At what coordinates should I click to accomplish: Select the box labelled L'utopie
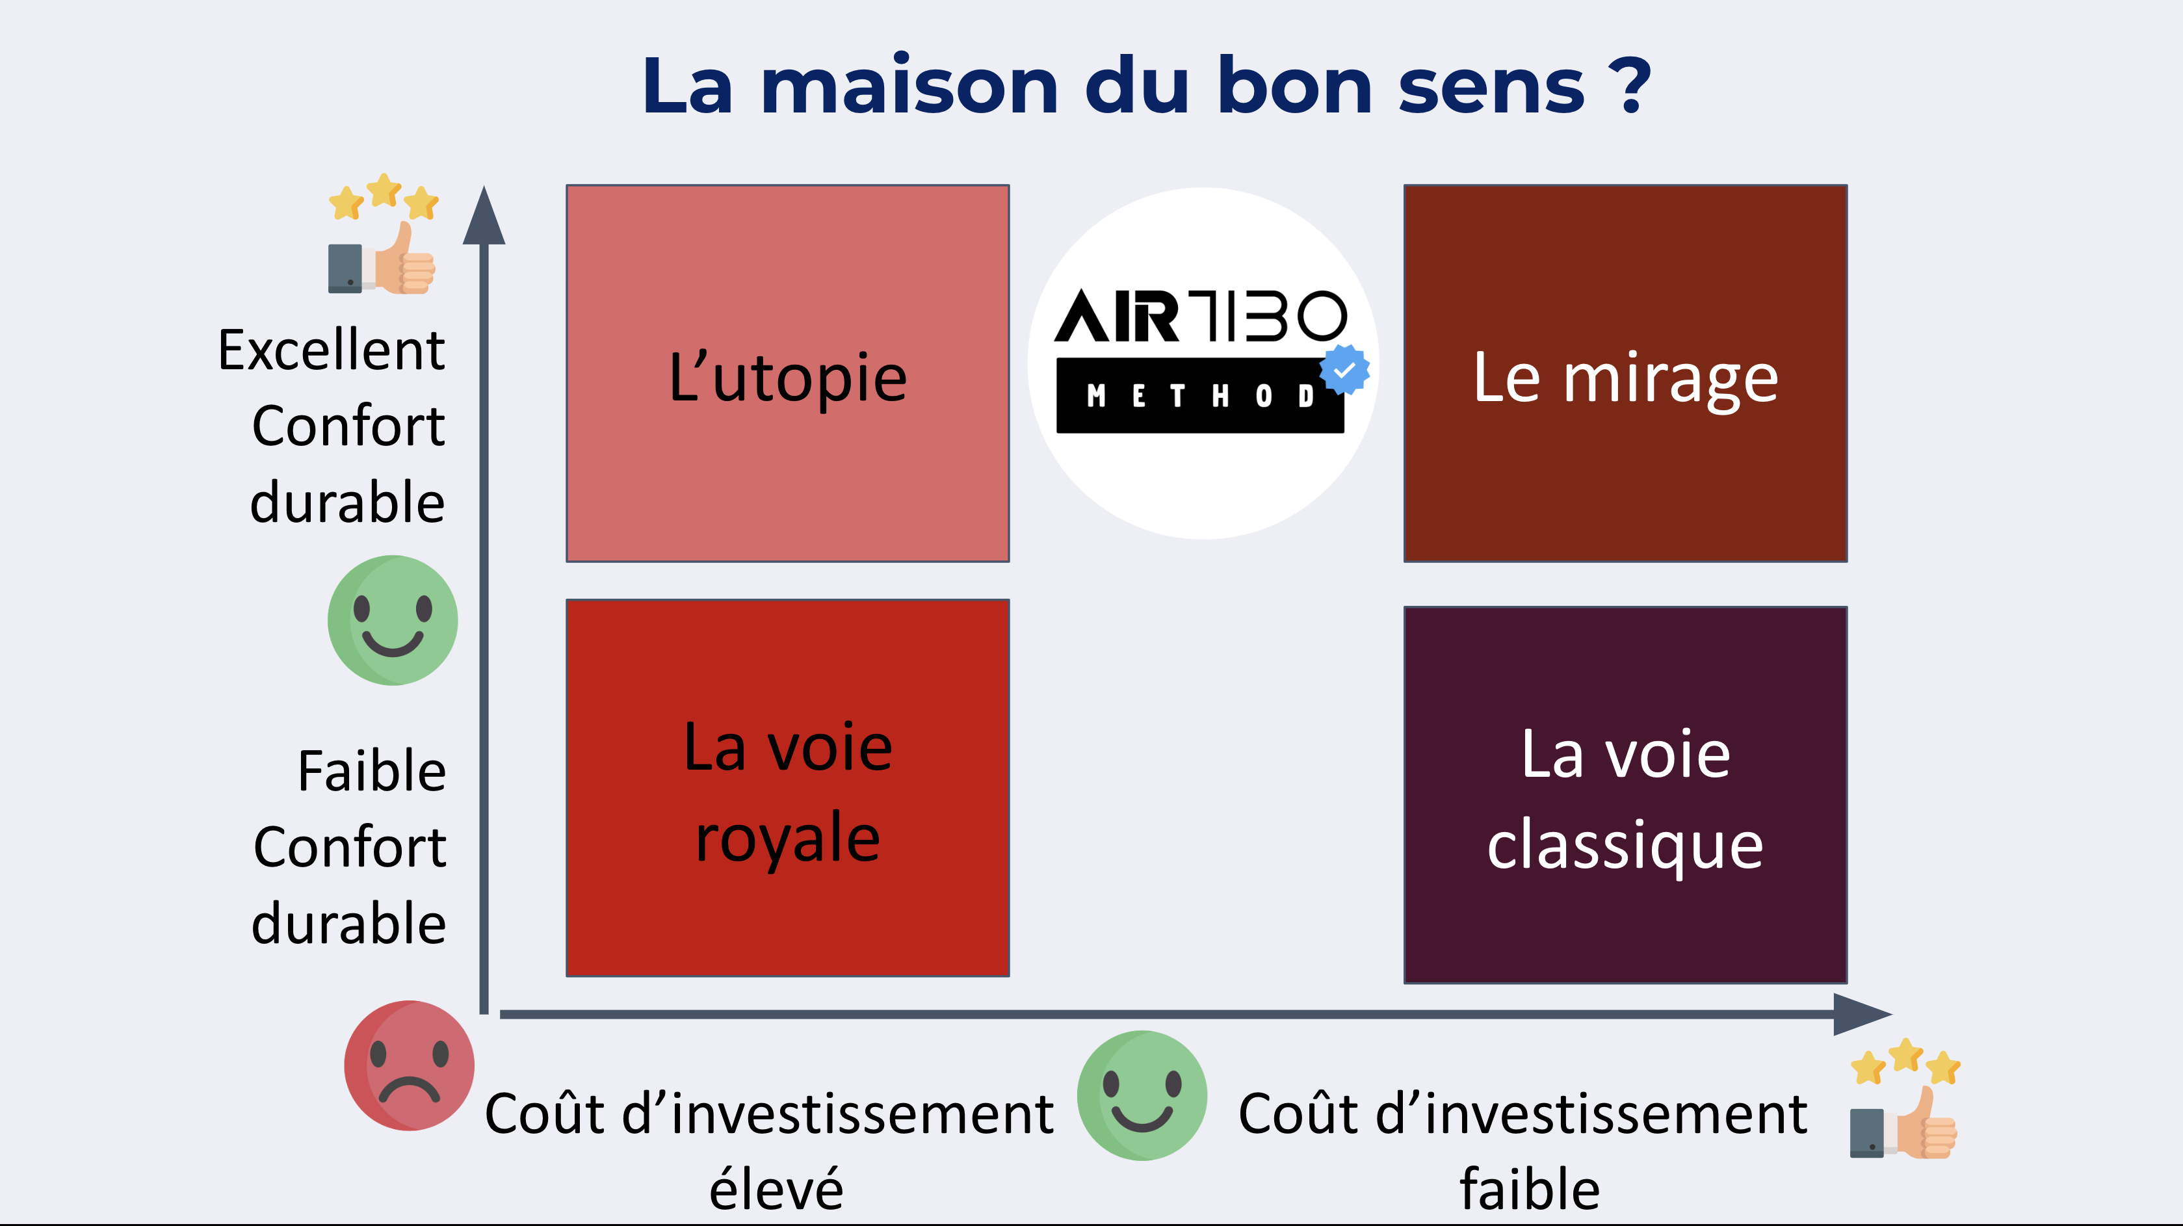pos(787,372)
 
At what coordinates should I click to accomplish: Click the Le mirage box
pos(1625,372)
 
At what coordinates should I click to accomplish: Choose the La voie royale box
pos(787,788)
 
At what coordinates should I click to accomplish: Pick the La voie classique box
pos(1625,795)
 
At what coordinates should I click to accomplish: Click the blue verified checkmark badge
pos(1344,369)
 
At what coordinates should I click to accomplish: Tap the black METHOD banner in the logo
pos(1199,396)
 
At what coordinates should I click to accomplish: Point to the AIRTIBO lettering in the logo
pos(1200,315)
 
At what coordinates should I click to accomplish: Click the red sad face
pos(408,1065)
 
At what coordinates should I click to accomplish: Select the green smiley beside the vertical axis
pos(393,620)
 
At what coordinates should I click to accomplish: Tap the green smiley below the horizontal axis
pos(1142,1095)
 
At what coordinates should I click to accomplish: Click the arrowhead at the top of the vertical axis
pos(484,215)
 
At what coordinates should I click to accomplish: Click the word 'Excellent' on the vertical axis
pos(332,350)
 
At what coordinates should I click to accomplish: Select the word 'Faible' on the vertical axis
pos(371,771)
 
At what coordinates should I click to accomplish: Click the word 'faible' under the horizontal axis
pos(1530,1189)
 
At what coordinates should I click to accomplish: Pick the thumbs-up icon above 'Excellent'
pos(383,234)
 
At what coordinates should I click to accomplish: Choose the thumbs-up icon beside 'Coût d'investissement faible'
pos(1905,1098)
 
